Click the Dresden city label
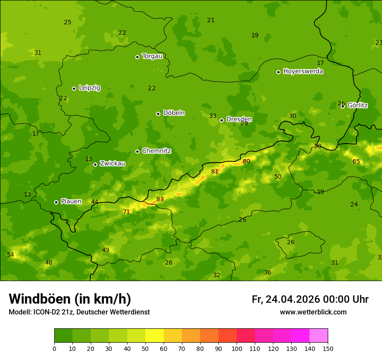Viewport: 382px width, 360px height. (239, 119)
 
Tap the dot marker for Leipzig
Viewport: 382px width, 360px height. (74, 88)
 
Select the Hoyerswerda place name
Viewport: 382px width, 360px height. (303, 71)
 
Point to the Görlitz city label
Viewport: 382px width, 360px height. (357, 105)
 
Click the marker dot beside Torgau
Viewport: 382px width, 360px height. (137, 57)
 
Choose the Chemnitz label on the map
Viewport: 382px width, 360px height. (156, 151)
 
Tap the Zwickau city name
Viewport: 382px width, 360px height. (112, 164)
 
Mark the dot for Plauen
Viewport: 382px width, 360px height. (56, 202)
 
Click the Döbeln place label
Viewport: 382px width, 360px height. (174, 113)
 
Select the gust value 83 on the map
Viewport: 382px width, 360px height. (160, 200)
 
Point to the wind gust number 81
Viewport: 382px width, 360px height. (214, 172)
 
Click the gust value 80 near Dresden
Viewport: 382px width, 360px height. (247, 162)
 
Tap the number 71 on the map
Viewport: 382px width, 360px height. (126, 212)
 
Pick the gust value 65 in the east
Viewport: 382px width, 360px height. (356, 162)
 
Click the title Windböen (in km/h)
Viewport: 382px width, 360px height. (70, 299)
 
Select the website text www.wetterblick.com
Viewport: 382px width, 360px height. (313, 312)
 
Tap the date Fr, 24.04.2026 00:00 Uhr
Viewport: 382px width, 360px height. (310, 299)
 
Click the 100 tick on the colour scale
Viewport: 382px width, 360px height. (237, 348)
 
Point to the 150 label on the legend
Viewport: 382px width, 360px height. (328, 348)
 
